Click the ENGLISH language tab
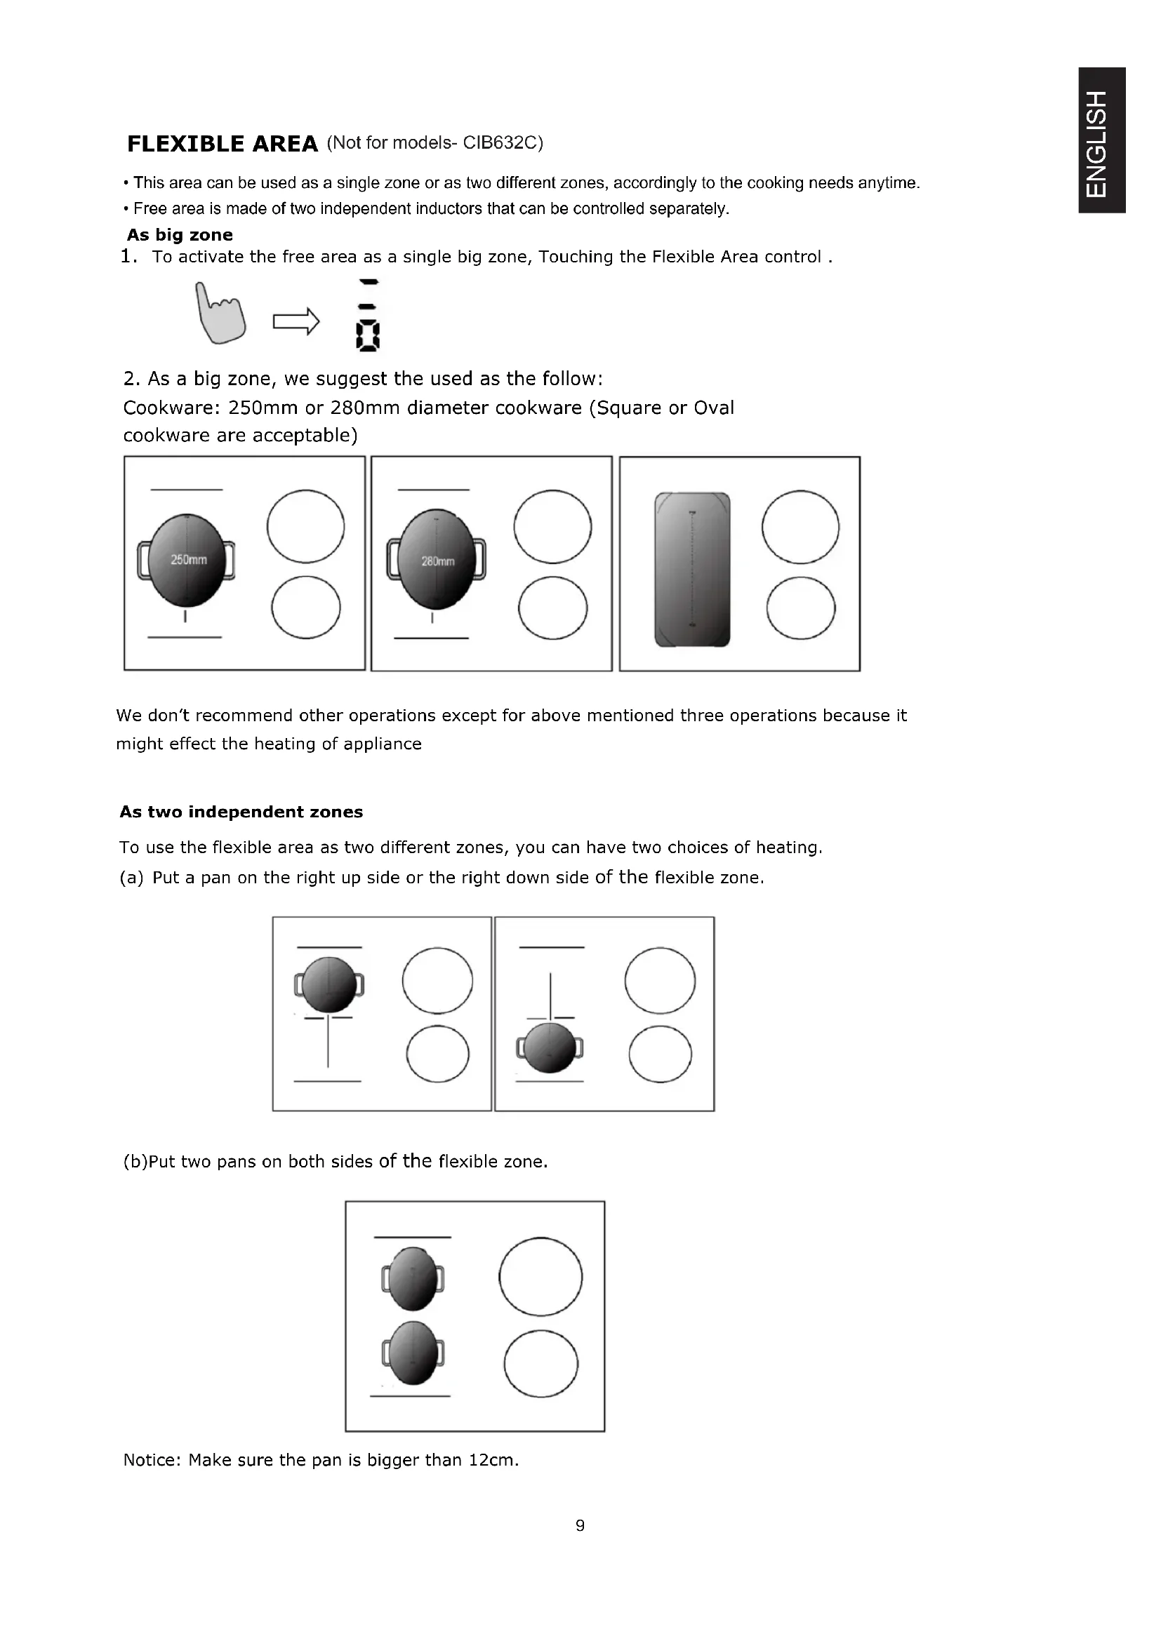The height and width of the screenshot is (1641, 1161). [1103, 141]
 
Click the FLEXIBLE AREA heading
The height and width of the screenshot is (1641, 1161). [223, 144]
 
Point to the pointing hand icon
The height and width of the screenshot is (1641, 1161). [220, 313]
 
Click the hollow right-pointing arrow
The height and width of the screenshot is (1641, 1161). [296, 321]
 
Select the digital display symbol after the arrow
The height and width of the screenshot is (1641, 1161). [367, 316]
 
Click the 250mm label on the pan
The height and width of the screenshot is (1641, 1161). [189, 560]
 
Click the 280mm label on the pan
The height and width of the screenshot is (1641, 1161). [437, 561]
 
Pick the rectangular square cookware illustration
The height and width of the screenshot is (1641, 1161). [692, 569]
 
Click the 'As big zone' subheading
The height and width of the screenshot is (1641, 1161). [180, 235]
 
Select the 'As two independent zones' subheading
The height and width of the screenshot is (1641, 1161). [241, 812]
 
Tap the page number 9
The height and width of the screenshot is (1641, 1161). [580, 1526]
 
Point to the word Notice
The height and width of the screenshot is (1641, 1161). [152, 1460]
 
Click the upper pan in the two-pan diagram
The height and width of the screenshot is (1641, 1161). [413, 1279]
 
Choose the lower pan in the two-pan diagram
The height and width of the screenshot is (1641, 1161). [413, 1353]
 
